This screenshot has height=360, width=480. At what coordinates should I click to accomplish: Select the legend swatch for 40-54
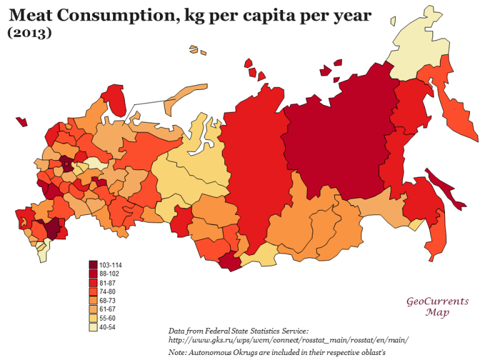click(x=93, y=327)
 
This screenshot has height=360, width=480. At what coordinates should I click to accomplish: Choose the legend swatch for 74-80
click(x=93, y=292)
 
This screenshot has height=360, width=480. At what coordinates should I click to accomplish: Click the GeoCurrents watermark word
click(x=437, y=302)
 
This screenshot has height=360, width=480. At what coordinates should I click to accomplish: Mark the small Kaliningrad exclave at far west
click(x=22, y=121)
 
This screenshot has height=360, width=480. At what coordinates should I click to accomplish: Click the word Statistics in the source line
click(x=273, y=330)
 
